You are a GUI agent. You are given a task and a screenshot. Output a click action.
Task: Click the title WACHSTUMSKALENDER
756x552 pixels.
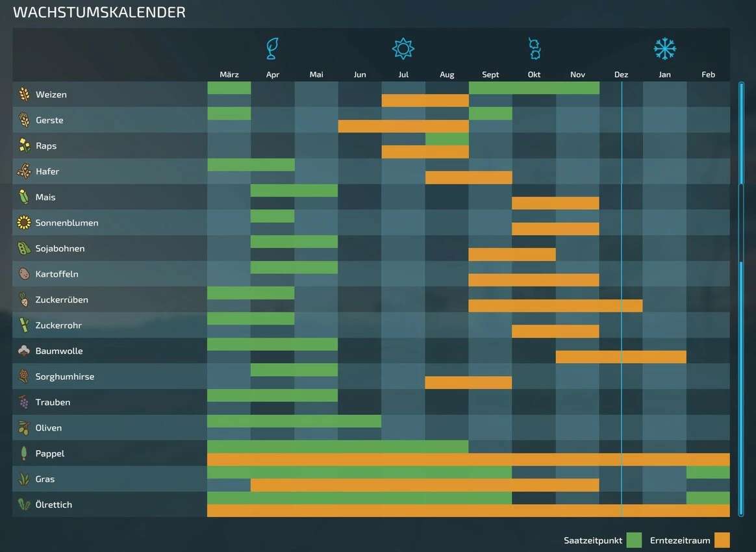tap(99, 12)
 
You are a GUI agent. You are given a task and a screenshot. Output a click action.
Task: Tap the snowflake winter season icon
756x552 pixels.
tap(664, 49)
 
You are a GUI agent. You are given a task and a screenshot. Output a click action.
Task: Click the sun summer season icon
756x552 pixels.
tap(403, 49)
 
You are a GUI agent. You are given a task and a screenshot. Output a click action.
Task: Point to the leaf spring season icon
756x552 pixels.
tap(272, 49)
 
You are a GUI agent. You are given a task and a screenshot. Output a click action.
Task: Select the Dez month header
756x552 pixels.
tap(621, 75)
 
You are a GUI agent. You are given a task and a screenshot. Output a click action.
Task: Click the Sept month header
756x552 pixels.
tap(490, 75)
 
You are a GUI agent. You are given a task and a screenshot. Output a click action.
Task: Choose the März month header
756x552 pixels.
tap(229, 75)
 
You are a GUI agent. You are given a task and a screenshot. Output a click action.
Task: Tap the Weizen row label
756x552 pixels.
tap(51, 95)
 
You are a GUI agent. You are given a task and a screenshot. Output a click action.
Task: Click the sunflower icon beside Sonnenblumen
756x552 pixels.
tap(24, 223)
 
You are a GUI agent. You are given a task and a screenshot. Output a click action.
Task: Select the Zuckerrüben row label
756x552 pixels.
tap(62, 300)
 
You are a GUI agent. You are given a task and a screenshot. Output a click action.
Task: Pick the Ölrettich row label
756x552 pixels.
tap(54, 505)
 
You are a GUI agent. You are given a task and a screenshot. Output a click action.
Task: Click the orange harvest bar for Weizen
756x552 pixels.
tap(425, 101)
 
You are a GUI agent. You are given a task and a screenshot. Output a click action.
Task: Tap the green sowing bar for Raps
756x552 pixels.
tap(447, 139)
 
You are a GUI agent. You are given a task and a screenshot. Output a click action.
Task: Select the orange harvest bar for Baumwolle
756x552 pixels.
tap(621, 357)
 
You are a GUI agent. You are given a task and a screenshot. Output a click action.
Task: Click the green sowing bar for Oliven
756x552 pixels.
tap(294, 421)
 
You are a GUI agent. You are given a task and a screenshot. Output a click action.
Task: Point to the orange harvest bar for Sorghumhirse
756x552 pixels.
tap(468, 383)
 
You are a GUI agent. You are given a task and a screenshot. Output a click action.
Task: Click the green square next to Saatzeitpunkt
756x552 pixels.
tap(634, 540)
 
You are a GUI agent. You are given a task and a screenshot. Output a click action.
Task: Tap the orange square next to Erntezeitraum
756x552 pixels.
tap(722, 540)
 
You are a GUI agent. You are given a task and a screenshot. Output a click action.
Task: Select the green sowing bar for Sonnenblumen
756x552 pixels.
tap(272, 216)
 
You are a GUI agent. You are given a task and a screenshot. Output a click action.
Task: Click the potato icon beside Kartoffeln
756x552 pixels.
tap(24, 274)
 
